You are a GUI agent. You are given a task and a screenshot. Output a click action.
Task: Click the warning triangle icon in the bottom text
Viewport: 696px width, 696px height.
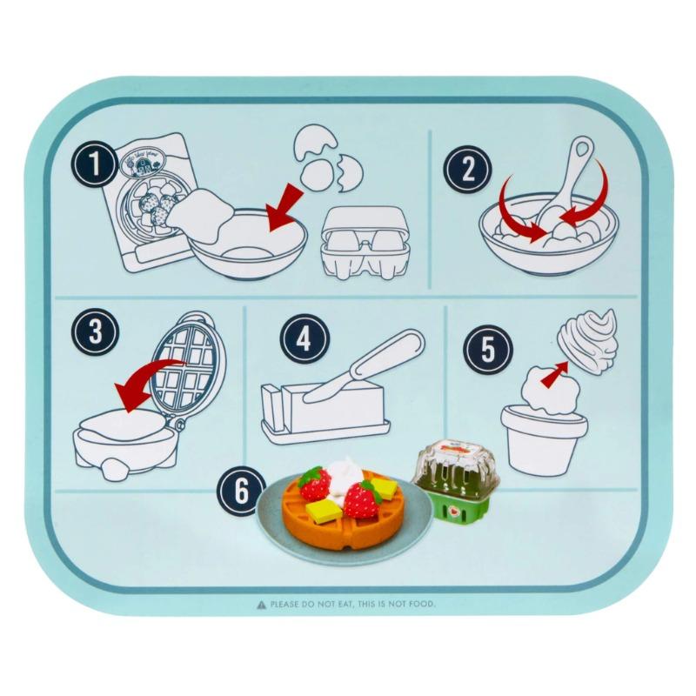pyautogui.click(x=260, y=603)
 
